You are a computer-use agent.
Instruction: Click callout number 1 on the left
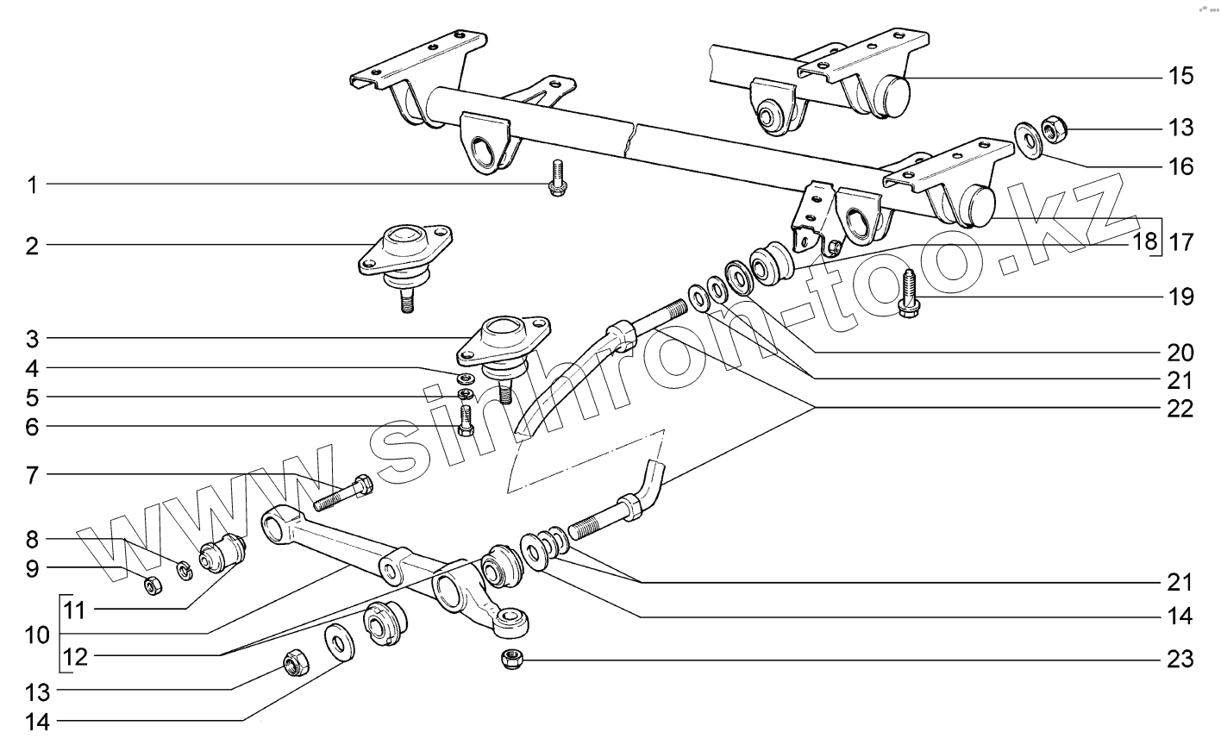32,185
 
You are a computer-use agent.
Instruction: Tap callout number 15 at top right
1180,76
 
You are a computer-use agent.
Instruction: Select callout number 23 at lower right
1180,660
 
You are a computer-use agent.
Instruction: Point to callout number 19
1180,297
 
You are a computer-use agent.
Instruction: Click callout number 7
32,474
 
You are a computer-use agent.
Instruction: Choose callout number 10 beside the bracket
37,636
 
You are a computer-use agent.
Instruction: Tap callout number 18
1144,241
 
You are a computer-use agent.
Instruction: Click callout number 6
32,426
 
